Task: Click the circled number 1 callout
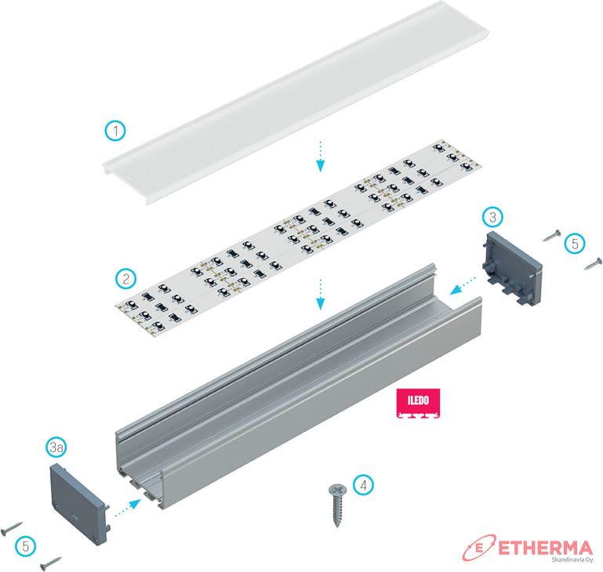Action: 115,131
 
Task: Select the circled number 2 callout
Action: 125,279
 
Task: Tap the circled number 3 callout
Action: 492,217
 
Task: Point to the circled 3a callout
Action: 56,447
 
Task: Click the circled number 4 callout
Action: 363,485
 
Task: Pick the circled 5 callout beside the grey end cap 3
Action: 575,244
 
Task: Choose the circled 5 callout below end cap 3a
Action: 26,546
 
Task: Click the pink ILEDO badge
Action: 418,403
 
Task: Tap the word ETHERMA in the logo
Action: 545,548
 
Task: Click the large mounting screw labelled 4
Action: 337,505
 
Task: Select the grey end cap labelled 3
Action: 513,269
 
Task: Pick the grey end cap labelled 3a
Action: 80,505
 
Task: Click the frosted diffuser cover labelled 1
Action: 296,102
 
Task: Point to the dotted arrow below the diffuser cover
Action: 321,157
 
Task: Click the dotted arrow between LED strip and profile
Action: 321,295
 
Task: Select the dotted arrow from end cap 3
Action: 463,286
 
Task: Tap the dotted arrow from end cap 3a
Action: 128,508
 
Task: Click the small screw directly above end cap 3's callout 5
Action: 552,235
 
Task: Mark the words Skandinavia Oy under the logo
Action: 572,559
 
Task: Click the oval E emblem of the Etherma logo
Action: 479,548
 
